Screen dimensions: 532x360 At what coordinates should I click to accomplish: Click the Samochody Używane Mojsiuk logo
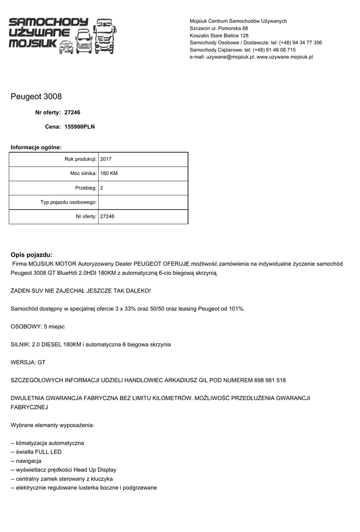[62, 35]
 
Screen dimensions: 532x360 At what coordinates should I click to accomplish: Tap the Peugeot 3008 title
[36, 97]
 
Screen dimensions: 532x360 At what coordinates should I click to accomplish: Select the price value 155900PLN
[79, 126]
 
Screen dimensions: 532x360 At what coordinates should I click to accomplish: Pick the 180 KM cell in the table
[109, 174]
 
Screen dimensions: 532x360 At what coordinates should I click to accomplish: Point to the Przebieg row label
[86, 188]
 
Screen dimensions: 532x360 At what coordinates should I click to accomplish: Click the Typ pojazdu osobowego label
[69, 202]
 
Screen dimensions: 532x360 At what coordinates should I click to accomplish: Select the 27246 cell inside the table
[107, 216]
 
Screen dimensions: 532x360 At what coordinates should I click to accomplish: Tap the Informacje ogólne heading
[36, 148]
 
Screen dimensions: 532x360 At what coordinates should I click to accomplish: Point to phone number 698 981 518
[270, 380]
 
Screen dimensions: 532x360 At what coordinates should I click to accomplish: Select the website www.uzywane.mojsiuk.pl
[285, 57]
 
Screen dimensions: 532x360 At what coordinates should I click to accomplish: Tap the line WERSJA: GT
[28, 362]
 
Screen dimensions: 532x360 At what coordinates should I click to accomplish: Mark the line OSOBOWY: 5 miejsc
[38, 326]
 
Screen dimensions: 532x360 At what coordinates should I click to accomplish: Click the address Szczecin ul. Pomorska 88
[219, 28]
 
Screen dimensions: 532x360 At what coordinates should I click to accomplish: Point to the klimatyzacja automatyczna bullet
[47, 443]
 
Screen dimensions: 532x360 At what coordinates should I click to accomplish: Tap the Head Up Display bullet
[63, 470]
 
